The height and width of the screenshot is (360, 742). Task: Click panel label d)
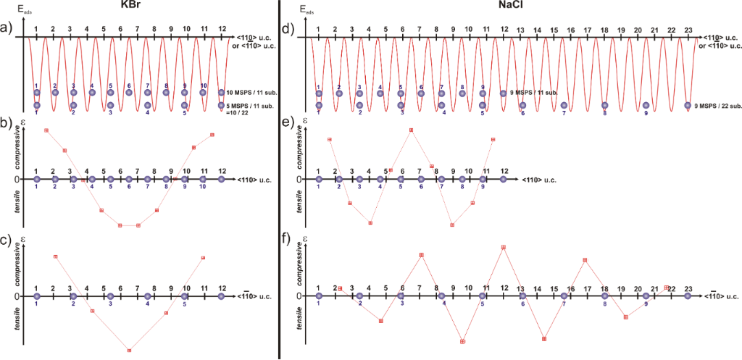(x=288, y=30)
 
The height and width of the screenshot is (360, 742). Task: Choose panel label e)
(x=288, y=125)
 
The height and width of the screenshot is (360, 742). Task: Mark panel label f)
(x=288, y=241)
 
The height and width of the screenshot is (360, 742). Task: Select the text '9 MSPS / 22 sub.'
(x=716, y=106)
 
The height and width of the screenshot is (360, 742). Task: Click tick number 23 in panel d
(x=687, y=29)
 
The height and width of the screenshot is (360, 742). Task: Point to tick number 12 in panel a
(x=222, y=29)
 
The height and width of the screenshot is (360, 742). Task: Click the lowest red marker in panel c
(x=129, y=351)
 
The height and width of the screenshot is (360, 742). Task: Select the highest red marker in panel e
(x=411, y=130)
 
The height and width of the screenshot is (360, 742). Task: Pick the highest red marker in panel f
(x=504, y=247)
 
